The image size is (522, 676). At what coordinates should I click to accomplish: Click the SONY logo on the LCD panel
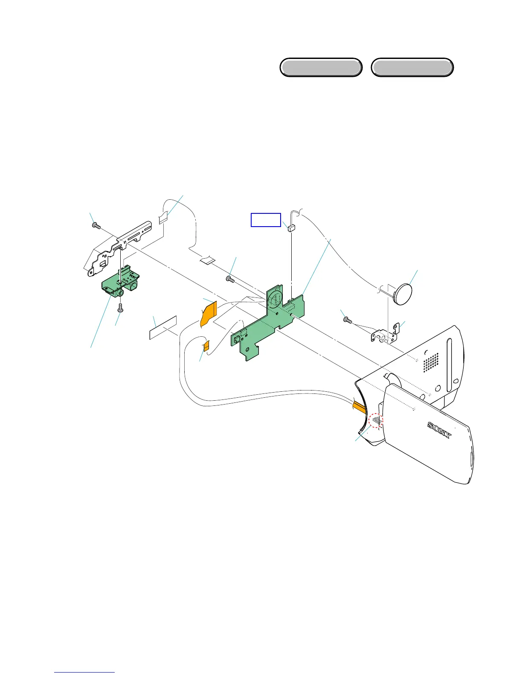439,431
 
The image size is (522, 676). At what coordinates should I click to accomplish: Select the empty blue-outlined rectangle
265,219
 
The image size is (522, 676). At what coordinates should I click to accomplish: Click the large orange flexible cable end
208,313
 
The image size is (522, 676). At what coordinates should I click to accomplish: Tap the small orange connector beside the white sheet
206,345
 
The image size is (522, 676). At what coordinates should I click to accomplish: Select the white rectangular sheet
163,327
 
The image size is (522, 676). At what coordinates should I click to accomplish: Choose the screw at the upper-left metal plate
96,225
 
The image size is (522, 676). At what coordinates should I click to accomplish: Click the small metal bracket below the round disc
386,334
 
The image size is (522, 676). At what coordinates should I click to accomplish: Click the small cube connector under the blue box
292,228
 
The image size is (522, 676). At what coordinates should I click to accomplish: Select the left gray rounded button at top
321,67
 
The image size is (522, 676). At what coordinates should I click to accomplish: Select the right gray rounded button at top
412,67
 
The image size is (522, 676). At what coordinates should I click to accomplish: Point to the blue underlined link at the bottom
84,672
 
